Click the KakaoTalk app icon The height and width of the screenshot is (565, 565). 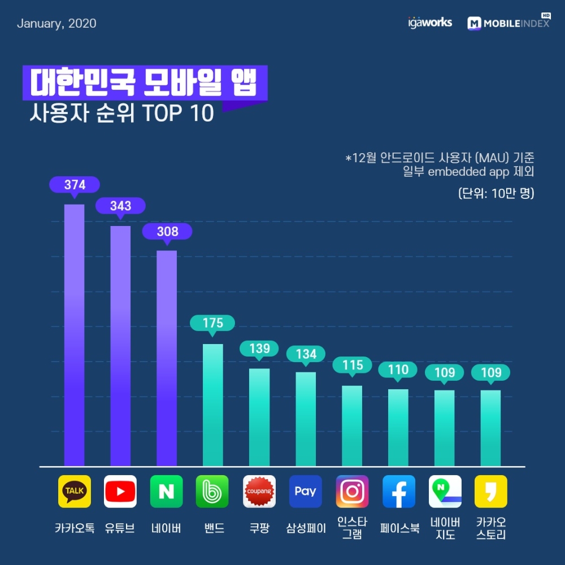[74, 492]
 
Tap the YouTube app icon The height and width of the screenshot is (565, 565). [120, 492]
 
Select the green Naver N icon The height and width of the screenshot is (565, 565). [167, 492]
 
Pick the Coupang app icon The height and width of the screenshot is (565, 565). [259, 492]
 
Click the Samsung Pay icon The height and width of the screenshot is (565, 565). [306, 492]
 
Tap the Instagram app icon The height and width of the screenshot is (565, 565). [352, 492]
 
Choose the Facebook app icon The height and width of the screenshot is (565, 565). [398, 492]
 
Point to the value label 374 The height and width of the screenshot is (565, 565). [75, 185]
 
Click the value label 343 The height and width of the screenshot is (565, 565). [120, 206]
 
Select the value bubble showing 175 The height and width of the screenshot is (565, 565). [212, 323]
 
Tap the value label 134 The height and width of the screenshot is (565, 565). [306, 354]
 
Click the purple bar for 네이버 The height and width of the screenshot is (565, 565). [167, 359]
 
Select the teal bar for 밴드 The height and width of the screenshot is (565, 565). [213, 405]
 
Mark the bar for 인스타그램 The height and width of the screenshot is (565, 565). [352, 426]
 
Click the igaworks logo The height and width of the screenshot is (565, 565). [429, 23]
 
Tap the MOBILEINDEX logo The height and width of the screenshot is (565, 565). [508, 23]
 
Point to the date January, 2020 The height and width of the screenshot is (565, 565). [56, 24]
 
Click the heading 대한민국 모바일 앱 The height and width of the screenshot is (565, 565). [144, 84]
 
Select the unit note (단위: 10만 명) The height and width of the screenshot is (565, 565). [496, 193]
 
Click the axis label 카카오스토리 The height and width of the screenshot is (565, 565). [490, 528]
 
